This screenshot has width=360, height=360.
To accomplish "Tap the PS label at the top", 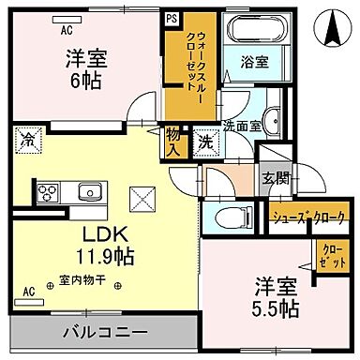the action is [172, 17].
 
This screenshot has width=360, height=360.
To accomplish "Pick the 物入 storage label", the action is [174, 142].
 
